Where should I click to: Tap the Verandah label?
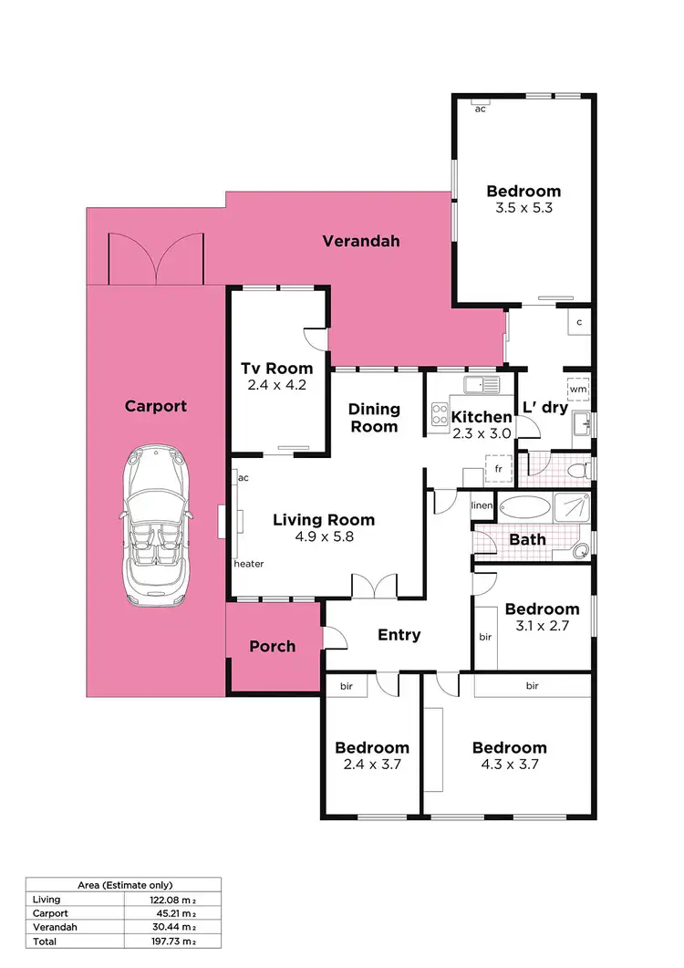361,241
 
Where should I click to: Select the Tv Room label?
276,369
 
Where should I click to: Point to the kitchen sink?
480,384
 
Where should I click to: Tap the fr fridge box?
499,469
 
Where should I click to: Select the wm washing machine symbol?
577,390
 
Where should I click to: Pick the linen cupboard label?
482,505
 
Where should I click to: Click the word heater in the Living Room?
249,564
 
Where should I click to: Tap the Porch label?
273,646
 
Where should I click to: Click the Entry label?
399,634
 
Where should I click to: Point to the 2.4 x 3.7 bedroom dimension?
371,765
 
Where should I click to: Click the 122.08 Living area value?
148,899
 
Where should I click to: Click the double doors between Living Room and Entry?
375,586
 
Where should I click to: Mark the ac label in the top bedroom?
479,109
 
